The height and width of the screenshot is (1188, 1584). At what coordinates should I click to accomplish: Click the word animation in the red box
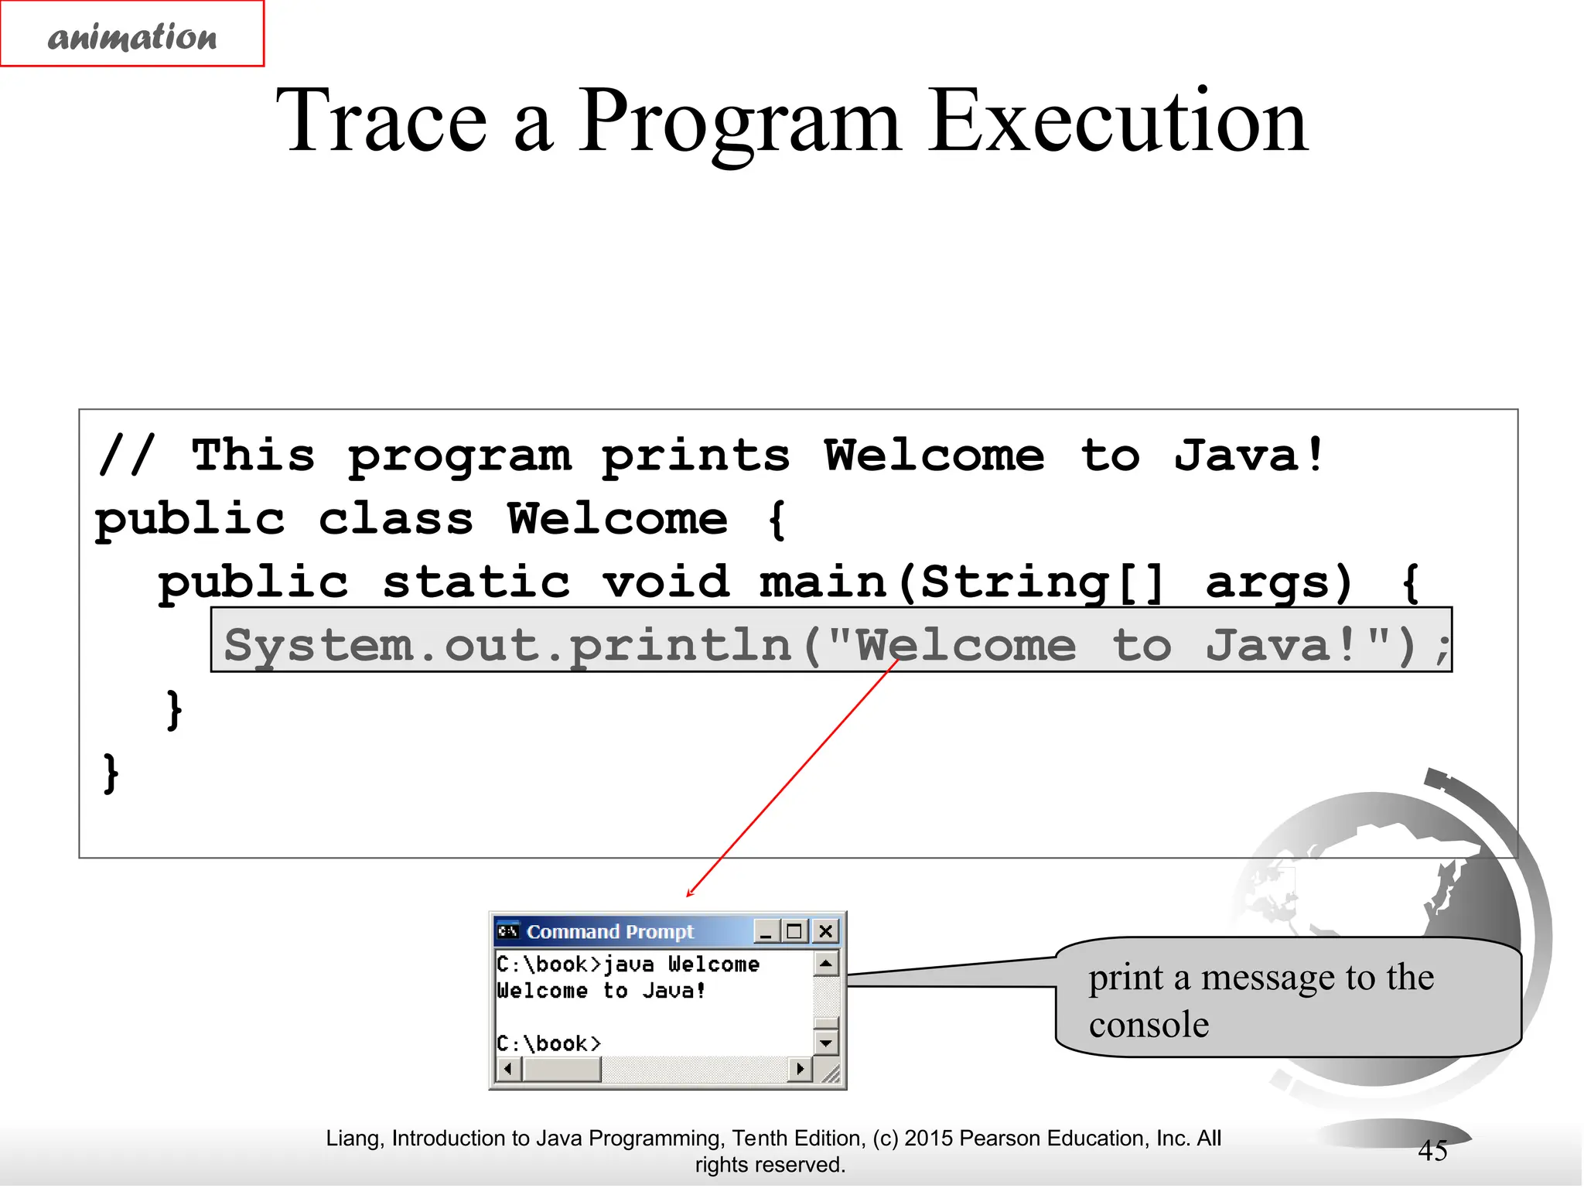click(132, 36)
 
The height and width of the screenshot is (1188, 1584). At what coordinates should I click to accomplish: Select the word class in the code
click(395, 519)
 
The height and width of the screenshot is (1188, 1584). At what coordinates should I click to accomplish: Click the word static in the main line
click(476, 582)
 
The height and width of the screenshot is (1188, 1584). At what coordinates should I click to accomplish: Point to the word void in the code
click(666, 582)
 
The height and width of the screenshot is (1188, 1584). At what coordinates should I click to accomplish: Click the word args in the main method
click(1278, 582)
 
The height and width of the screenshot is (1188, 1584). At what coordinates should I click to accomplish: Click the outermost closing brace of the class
click(111, 773)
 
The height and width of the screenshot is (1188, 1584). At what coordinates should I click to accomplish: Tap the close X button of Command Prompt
click(825, 931)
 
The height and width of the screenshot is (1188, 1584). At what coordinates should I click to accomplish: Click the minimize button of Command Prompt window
click(766, 931)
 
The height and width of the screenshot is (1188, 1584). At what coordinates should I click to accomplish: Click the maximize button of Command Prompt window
click(794, 931)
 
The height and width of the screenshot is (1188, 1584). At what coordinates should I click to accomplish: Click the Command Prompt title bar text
click(609, 932)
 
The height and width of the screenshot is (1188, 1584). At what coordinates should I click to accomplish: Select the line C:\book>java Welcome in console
click(627, 964)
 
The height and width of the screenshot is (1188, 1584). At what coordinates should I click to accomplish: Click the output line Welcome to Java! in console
click(601, 991)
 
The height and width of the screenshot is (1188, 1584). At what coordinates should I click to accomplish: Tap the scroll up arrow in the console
click(826, 964)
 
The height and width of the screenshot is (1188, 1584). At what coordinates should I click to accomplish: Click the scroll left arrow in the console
click(507, 1070)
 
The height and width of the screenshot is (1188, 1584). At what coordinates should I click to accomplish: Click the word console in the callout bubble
click(1148, 1025)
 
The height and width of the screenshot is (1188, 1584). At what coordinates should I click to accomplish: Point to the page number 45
click(1432, 1151)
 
